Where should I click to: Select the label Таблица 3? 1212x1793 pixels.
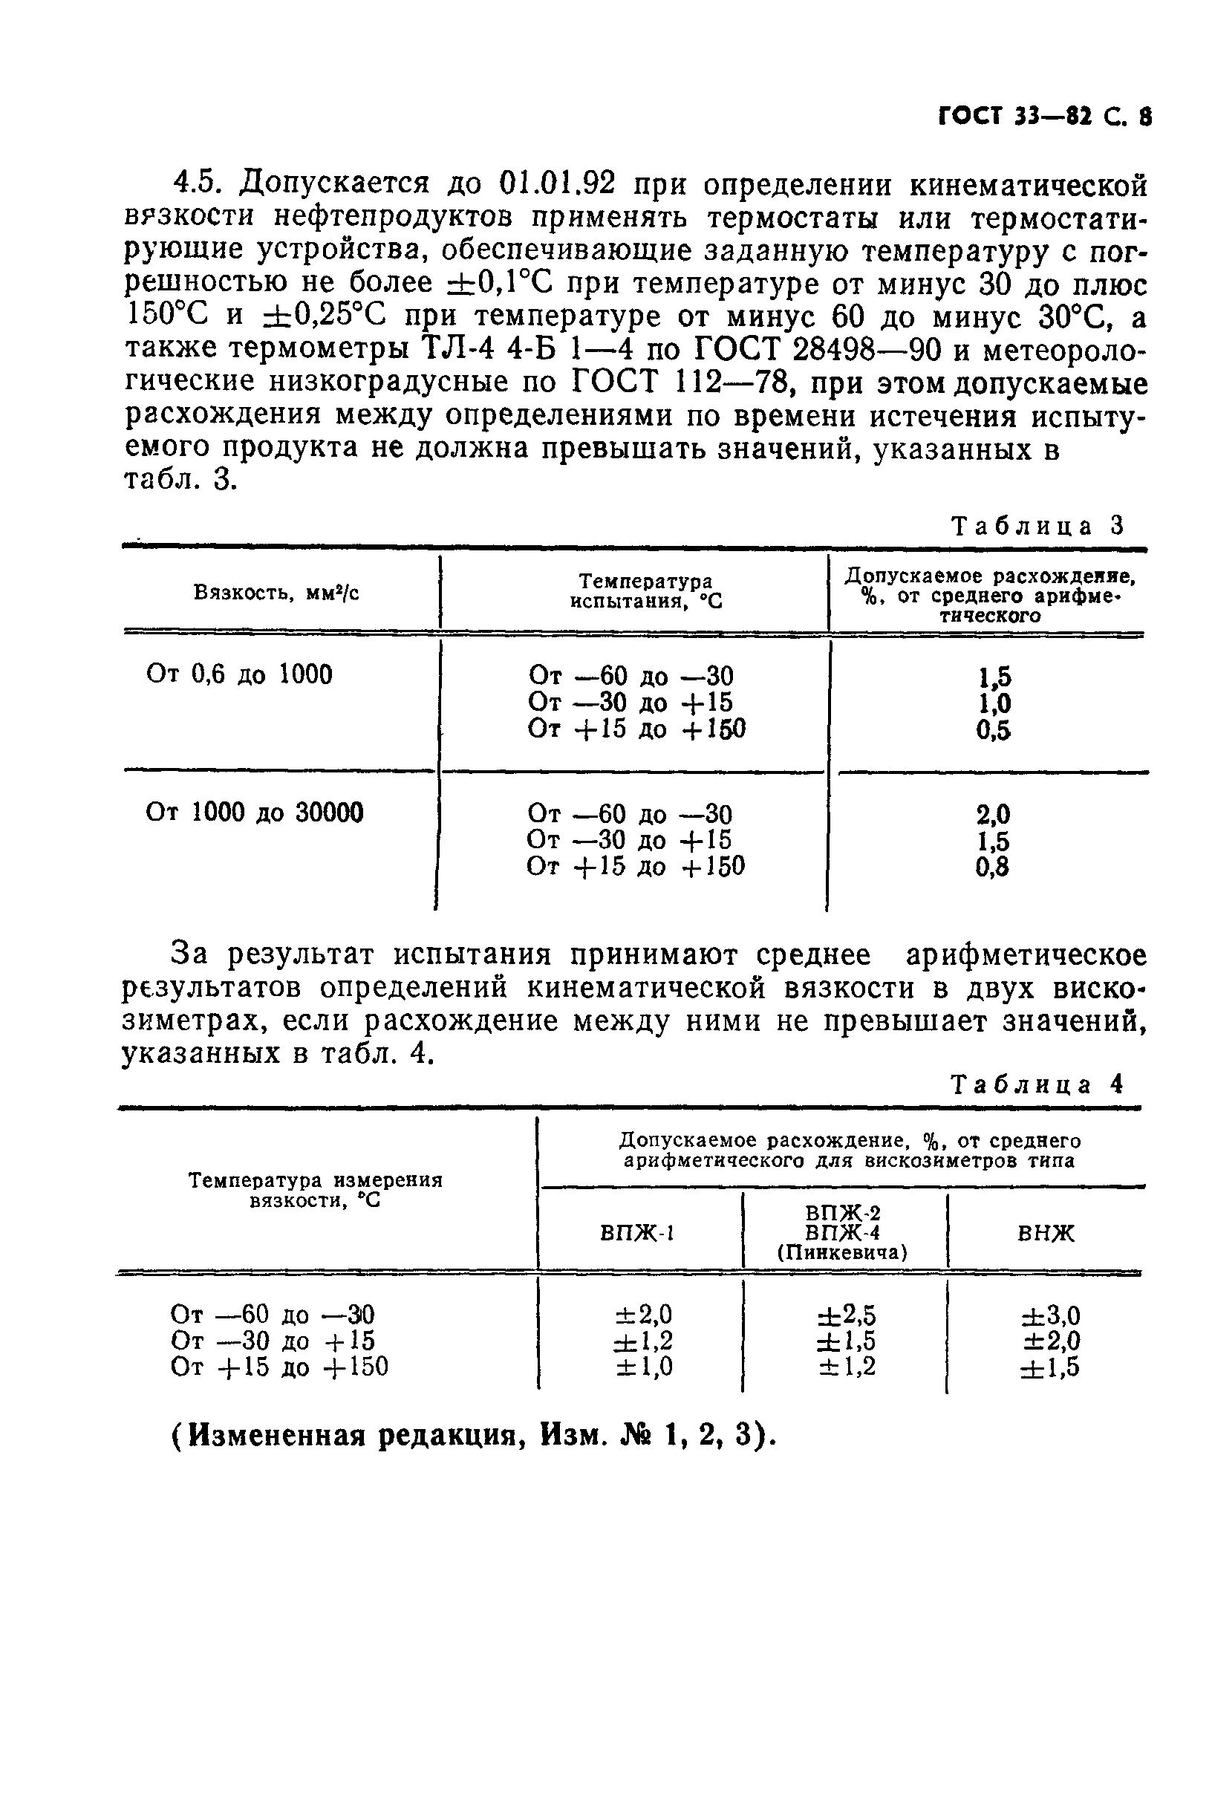coord(1037,526)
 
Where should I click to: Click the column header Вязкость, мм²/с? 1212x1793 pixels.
coord(276,593)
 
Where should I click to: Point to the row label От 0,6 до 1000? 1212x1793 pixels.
coord(239,675)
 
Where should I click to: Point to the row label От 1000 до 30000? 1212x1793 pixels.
coord(254,813)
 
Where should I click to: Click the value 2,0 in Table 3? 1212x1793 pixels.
coord(992,815)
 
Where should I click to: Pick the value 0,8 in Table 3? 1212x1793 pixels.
coord(992,868)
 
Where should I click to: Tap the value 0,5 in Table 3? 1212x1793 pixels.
coord(992,731)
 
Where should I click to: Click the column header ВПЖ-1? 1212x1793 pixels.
coord(637,1233)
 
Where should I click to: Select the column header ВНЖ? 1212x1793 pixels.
coord(1046,1233)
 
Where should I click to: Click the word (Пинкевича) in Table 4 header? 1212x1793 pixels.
coord(841,1253)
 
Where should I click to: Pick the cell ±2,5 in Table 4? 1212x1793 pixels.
coord(847,1315)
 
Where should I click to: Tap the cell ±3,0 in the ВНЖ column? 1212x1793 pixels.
coord(1050,1315)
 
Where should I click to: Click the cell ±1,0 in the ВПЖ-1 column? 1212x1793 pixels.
coord(642,1367)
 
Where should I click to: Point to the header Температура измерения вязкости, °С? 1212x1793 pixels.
coord(316,1191)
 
